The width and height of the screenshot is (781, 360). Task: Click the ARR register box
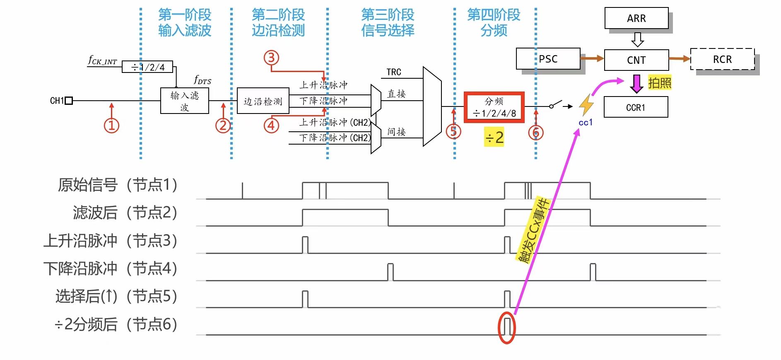[x=636, y=18]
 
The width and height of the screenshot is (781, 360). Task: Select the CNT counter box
[x=636, y=60]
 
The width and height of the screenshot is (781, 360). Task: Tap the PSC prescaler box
[x=548, y=59]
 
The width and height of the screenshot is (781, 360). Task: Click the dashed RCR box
[x=722, y=59]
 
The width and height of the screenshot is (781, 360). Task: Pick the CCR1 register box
[x=636, y=107]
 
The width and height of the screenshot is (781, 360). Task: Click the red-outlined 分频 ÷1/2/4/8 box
[x=494, y=107]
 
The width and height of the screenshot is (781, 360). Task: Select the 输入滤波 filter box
[x=185, y=101]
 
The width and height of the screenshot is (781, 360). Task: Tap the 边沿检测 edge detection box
[x=263, y=101]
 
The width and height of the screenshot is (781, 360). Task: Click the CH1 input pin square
[x=69, y=101]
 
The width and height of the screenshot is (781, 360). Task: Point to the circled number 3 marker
[x=272, y=58]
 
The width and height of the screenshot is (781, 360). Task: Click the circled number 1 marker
[x=111, y=125]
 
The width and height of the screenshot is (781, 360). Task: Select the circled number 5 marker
[x=453, y=132]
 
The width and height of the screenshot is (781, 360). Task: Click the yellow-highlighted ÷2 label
[x=494, y=137]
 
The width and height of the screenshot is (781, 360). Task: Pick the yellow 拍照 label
[x=659, y=83]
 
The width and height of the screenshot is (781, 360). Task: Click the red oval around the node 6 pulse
[x=506, y=328]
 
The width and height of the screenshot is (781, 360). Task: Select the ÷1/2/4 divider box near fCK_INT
[x=147, y=67]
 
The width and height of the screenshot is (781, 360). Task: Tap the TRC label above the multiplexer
[x=394, y=72]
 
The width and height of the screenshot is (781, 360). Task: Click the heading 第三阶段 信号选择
[x=388, y=22]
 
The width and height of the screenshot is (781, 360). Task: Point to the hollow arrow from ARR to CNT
[x=637, y=39]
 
